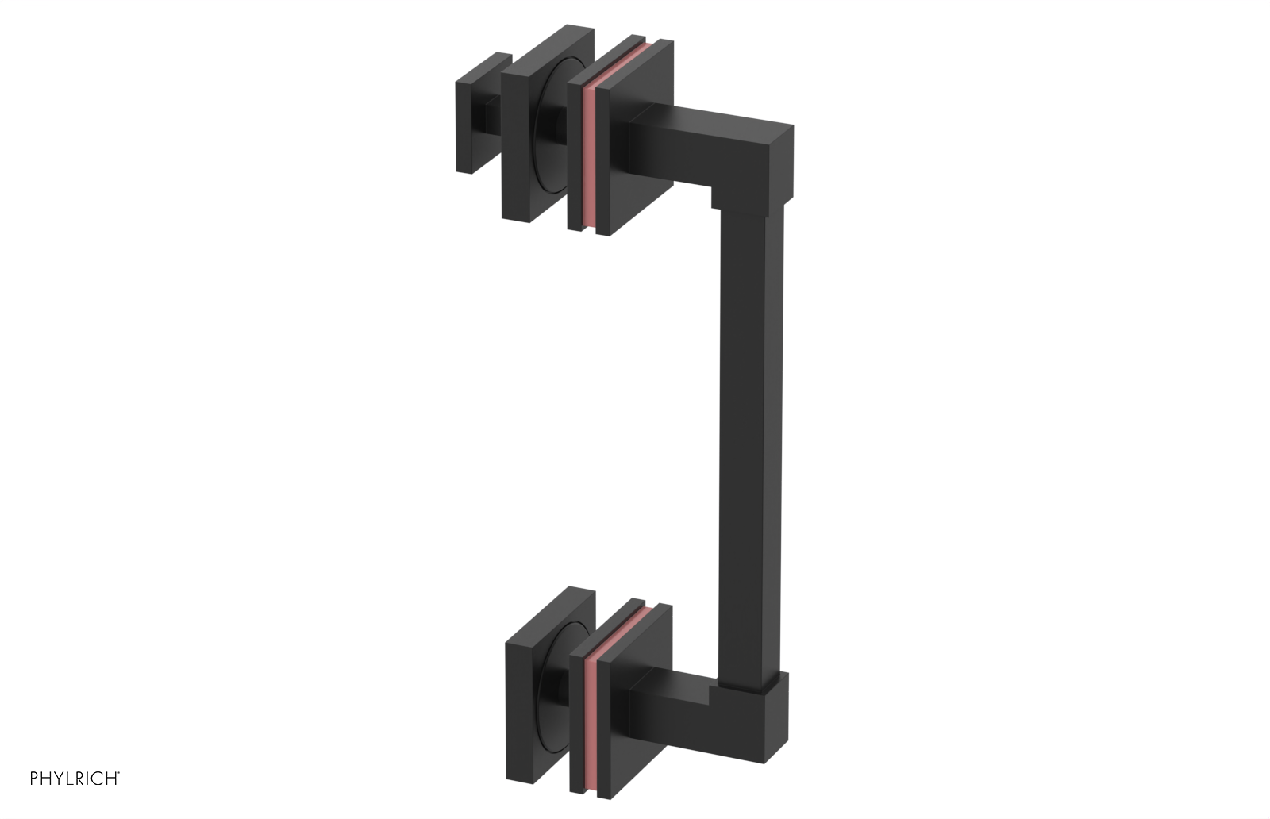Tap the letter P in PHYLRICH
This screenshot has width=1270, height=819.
[x=34, y=779]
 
